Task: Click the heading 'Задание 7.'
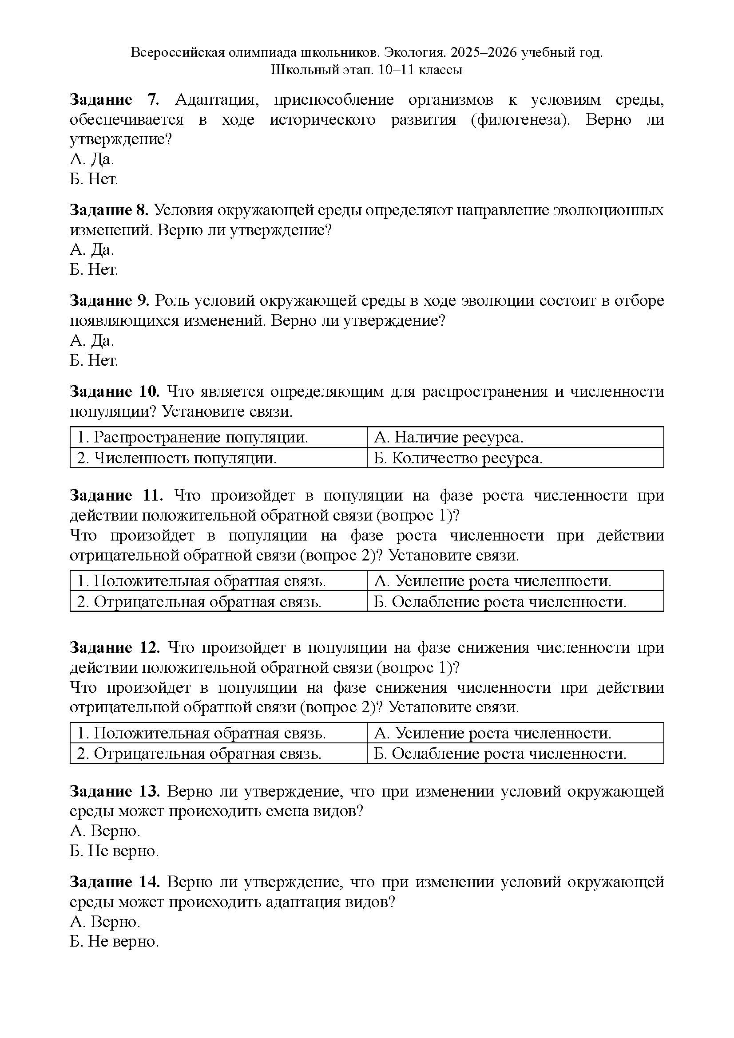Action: tap(114, 100)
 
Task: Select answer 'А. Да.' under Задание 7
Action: tap(92, 159)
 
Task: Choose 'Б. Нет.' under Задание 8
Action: tap(94, 270)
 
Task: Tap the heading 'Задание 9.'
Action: tap(109, 301)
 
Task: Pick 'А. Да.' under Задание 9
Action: tap(92, 340)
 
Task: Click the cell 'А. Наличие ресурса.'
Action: tap(448, 437)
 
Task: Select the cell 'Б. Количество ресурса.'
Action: tap(458, 458)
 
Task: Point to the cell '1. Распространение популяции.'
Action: tap(193, 437)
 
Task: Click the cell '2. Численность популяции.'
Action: tap(177, 458)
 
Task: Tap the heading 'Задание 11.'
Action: tap(116, 496)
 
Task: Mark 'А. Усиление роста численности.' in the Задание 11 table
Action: tap(492, 581)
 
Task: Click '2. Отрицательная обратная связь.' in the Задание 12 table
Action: tap(199, 754)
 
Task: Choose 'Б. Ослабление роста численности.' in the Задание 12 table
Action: tap(500, 754)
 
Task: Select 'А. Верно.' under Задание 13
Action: tap(105, 831)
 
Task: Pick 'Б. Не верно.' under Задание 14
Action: tap(115, 942)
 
